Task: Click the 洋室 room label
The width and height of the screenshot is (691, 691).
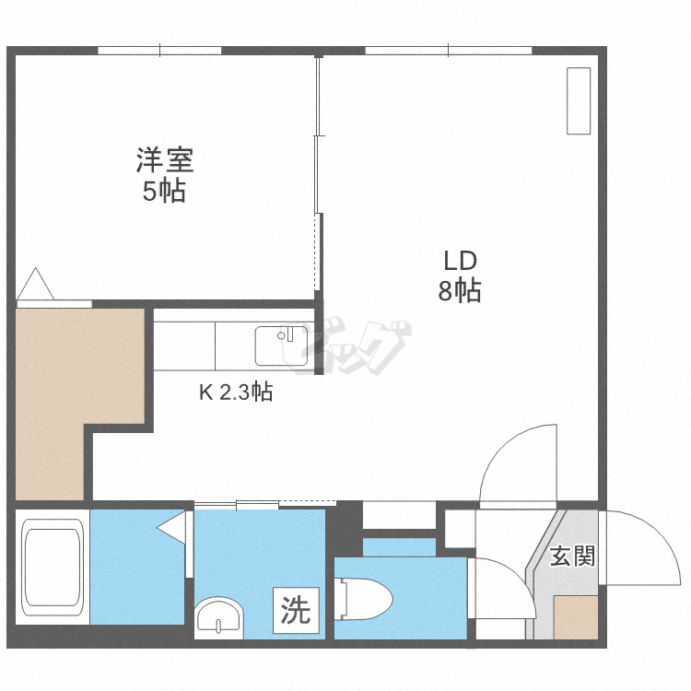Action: [x=165, y=160]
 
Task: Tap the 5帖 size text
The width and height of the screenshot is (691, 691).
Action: [x=165, y=191]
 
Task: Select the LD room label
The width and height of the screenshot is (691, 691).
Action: [x=458, y=261]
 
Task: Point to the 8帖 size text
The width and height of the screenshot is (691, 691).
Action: [x=458, y=291]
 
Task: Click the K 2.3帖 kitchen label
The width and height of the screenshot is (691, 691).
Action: [x=236, y=392]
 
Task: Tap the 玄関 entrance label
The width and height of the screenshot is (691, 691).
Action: [x=572, y=556]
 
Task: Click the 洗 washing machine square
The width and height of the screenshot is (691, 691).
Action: [x=296, y=611]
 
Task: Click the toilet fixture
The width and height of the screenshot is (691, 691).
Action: [x=364, y=597]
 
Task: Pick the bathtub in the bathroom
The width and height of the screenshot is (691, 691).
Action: [x=53, y=568]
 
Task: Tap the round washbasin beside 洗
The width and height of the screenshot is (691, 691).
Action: [x=219, y=615]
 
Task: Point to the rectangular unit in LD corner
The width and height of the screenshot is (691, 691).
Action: [x=578, y=100]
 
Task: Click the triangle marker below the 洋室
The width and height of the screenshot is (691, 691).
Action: [x=35, y=285]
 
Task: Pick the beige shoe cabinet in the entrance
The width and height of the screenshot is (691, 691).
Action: [x=576, y=617]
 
